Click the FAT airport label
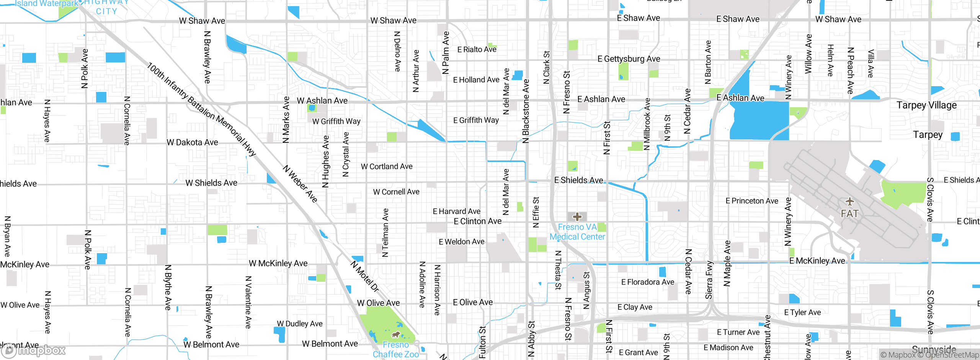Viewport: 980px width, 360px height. pyautogui.click(x=849, y=214)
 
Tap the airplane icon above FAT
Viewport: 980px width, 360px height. pyautogui.click(x=849, y=201)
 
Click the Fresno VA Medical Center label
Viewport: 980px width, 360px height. pyautogui.click(x=577, y=232)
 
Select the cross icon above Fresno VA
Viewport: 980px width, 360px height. pyautogui.click(x=577, y=217)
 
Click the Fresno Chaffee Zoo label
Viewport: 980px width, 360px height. pyautogui.click(x=396, y=350)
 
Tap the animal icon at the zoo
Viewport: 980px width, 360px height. pyautogui.click(x=396, y=335)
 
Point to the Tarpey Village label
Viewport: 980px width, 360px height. pyautogui.click(x=926, y=105)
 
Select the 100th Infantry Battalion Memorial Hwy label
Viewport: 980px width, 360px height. pyautogui.click(x=201, y=110)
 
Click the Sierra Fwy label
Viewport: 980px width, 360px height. pyautogui.click(x=709, y=280)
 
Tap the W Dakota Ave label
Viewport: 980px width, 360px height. pyautogui.click(x=192, y=142)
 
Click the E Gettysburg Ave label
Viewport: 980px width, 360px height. pyautogui.click(x=629, y=59)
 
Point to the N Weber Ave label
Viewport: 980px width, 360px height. pyautogui.click(x=301, y=184)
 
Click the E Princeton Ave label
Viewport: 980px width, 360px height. pyautogui.click(x=752, y=201)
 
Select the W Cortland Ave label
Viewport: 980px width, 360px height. pyautogui.click(x=387, y=167)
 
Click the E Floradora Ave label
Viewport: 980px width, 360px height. pyautogui.click(x=648, y=282)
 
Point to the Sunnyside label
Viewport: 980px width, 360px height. pyautogui.click(x=934, y=349)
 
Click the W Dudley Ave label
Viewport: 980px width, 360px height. pyautogui.click(x=300, y=324)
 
